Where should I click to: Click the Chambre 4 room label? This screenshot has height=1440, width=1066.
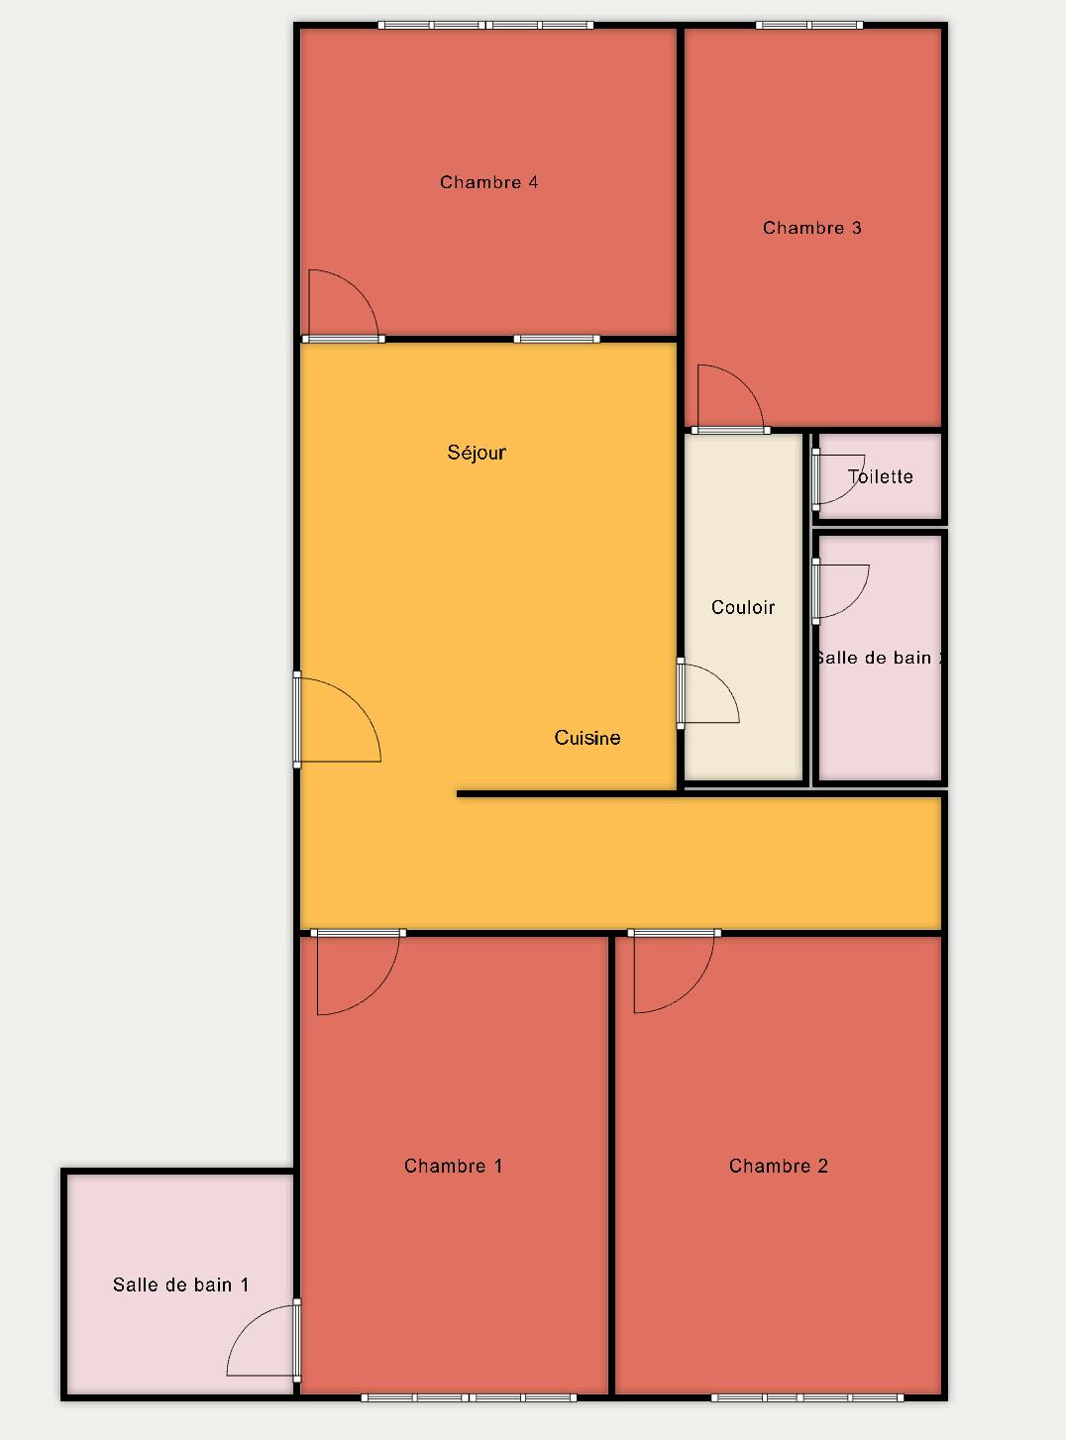pyautogui.click(x=488, y=182)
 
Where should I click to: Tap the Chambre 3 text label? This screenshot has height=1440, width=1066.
pyautogui.click(x=812, y=228)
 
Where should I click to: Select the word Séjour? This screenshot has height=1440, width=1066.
pyautogui.click(x=477, y=453)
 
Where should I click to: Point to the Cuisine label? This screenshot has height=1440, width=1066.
pyautogui.click(x=587, y=738)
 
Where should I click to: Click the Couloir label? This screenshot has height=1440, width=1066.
pyautogui.click(x=743, y=607)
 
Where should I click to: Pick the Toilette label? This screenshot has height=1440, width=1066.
pyautogui.click(x=880, y=477)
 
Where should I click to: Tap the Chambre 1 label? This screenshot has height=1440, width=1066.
pyautogui.click(x=454, y=1166)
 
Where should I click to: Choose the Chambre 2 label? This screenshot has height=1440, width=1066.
pyautogui.click(x=779, y=1166)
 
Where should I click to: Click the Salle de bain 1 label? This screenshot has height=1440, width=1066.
pyautogui.click(x=180, y=1285)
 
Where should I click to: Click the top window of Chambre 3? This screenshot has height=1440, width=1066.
pyautogui.click(x=809, y=26)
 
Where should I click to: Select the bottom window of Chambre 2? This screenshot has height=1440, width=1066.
pyautogui.click(x=807, y=1397)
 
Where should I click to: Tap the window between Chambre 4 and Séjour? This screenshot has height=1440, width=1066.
pyautogui.click(x=557, y=339)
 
